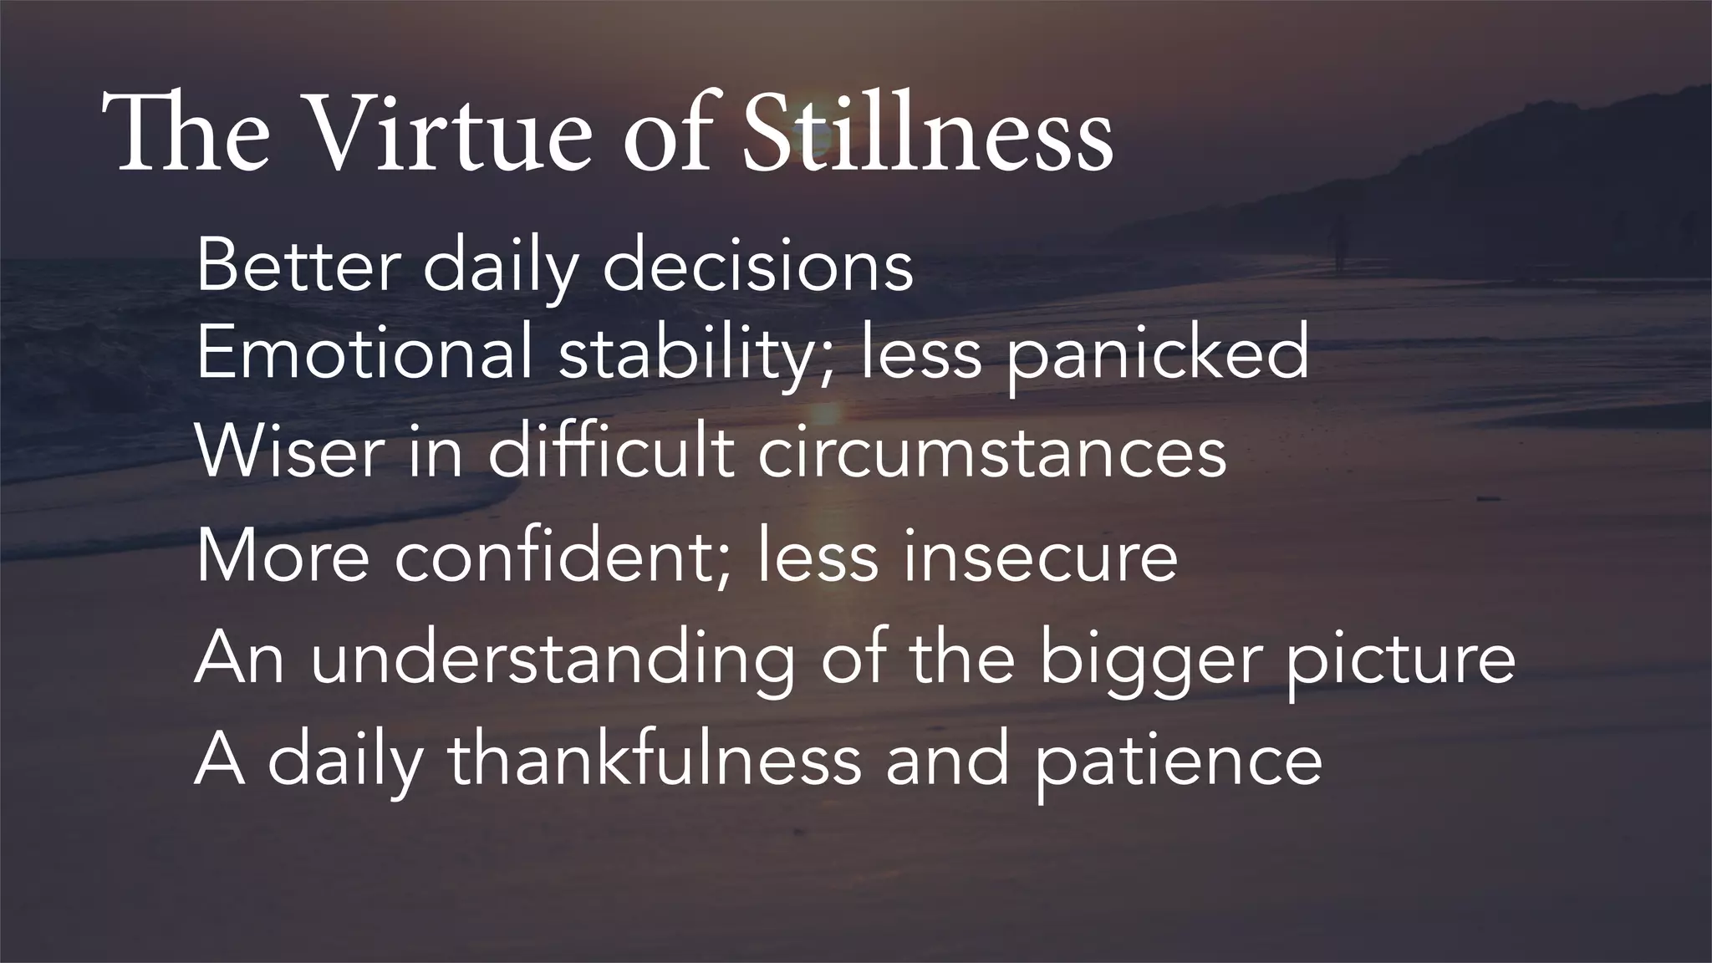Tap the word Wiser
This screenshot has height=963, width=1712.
[x=288, y=453]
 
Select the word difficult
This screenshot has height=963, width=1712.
[x=611, y=453]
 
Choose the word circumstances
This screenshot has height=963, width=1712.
[x=992, y=453]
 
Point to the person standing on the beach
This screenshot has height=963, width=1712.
[x=1341, y=242]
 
